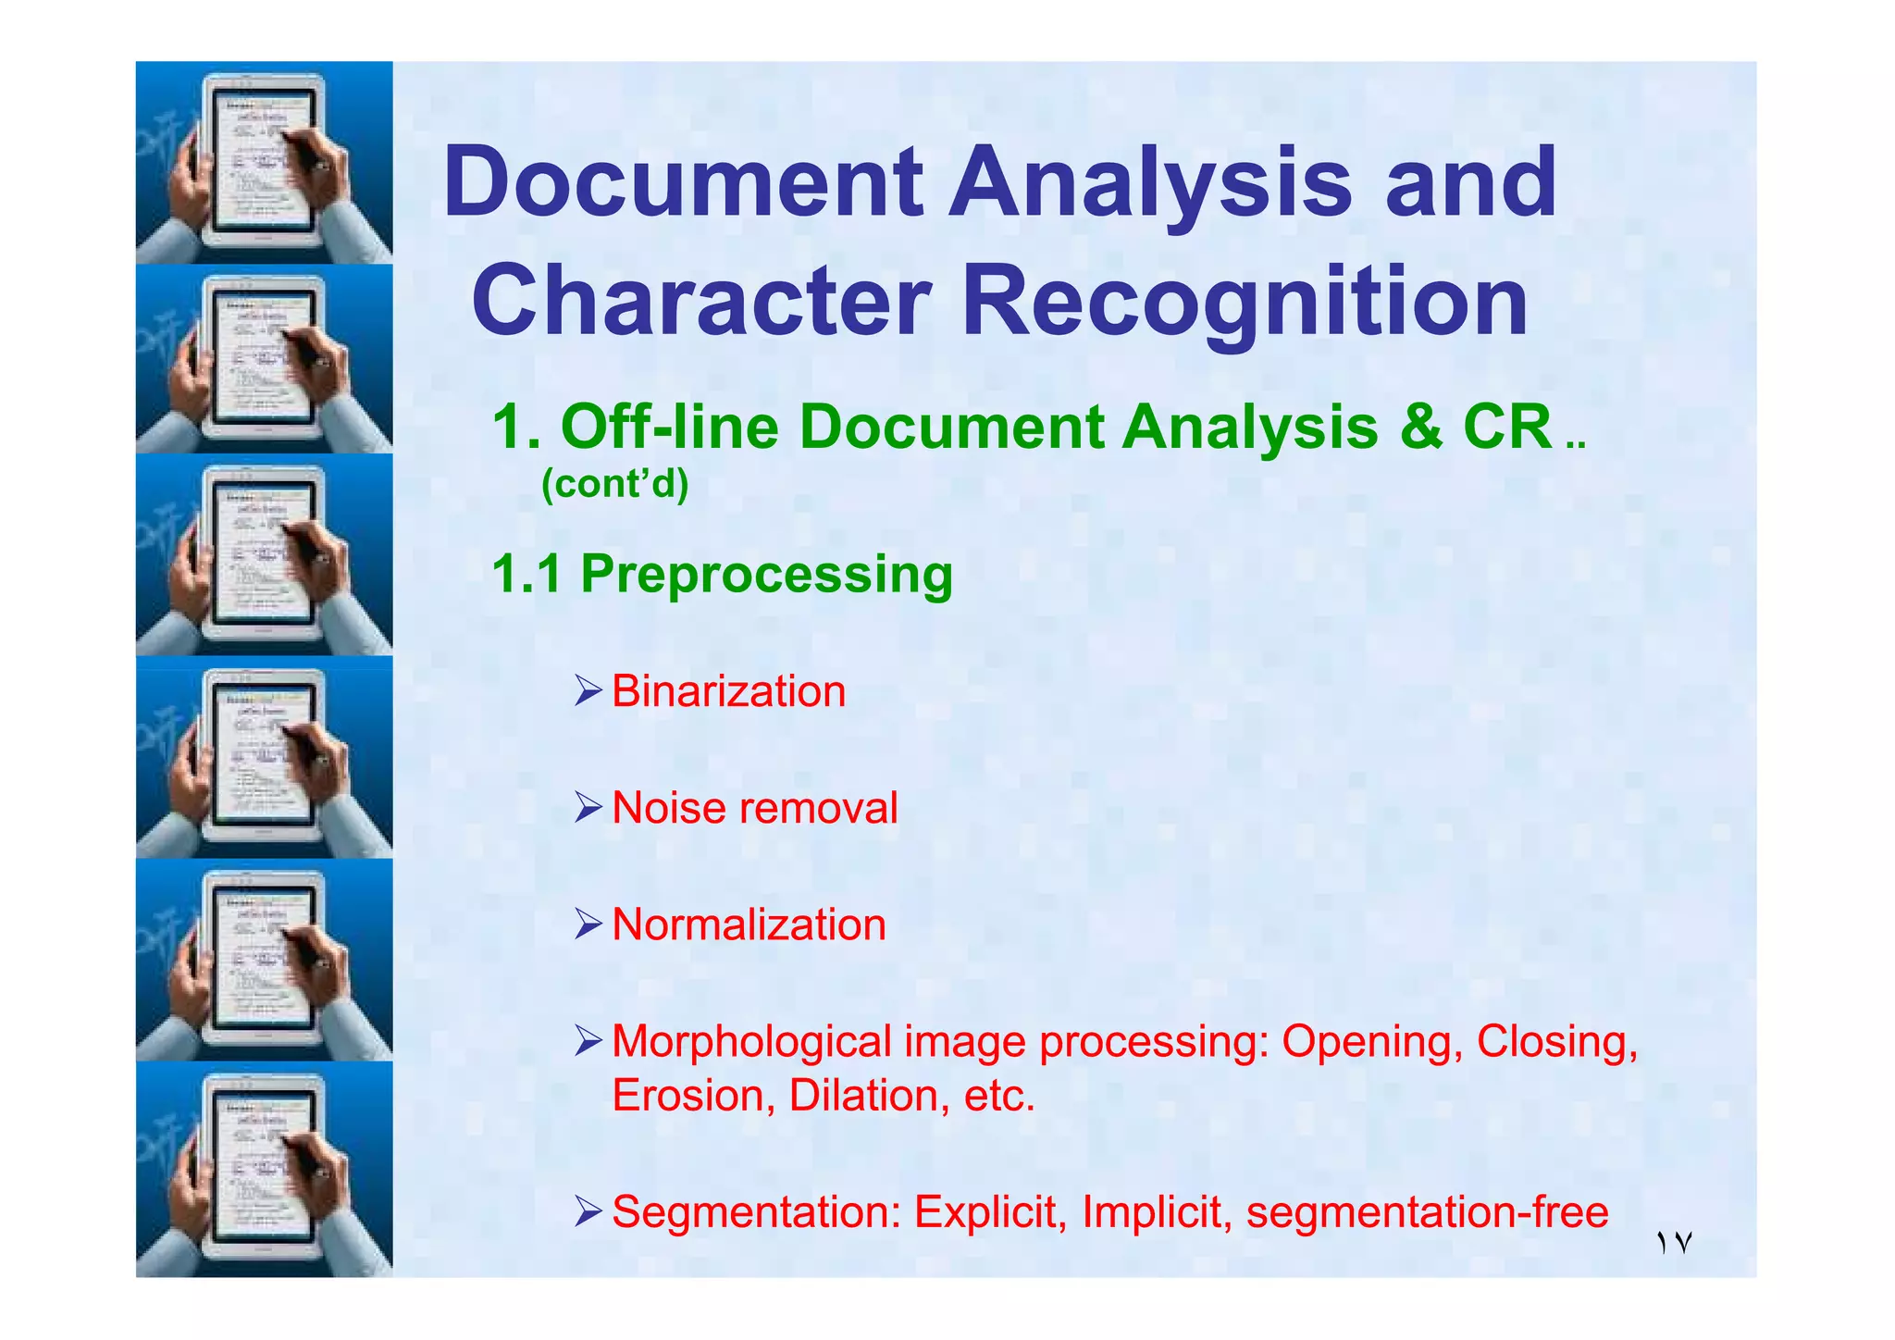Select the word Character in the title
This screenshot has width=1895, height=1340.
coord(701,301)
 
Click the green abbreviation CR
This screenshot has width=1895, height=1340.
coord(1507,428)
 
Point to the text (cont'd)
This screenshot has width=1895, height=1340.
coord(615,483)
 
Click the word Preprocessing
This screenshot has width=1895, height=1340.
coord(766,574)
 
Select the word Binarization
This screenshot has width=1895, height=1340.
coord(729,692)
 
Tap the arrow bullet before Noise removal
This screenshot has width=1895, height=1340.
coord(588,808)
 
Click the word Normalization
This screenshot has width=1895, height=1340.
coord(749,924)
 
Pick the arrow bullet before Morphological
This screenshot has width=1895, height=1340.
coord(588,1041)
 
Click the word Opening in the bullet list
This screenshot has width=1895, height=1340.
coord(1372,1042)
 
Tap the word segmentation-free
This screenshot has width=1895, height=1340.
coord(1427,1212)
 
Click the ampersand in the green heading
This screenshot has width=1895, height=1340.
coord(1420,428)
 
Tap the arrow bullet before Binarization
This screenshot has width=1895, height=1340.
coord(588,691)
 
